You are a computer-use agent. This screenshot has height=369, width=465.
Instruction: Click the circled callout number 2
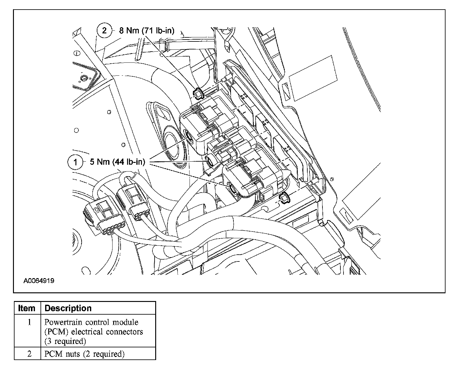[x=104, y=30]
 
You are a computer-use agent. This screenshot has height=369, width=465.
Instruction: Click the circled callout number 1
[x=75, y=162]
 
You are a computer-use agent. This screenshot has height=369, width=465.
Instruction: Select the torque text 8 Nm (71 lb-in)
[x=147, y=31]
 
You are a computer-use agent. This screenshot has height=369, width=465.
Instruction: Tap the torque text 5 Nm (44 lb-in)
[x=117, y=162]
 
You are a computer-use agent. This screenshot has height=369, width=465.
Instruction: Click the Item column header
[x=27, y=308]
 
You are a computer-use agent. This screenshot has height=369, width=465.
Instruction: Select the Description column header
[x=68, y=308]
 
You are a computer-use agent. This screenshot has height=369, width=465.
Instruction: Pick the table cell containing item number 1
[x=29, y=322]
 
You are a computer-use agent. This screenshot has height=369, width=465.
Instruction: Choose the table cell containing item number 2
[x=29, y=354]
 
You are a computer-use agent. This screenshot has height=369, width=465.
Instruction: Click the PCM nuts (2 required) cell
[x=84, y=354]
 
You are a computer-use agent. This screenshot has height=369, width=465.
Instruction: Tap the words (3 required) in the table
[x=65, y=341]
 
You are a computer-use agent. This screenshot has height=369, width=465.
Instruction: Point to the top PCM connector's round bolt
[x=188, y=135]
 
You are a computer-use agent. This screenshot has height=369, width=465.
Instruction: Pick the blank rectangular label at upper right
[x=312, y=78]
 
